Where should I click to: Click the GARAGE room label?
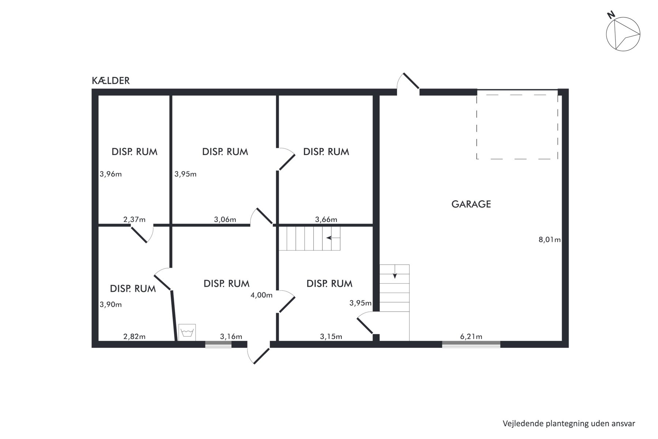[x=471, y=204]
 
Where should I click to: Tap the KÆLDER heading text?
[x=111, y=80]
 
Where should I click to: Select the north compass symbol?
[x=623, y=33]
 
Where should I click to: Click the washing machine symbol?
[x=187, y=333]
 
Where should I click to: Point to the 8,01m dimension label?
[x=549, y=240]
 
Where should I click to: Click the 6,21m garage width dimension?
[x=471, y=337]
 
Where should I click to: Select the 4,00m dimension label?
[x=261, y=295]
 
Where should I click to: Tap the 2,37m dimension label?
[x=134, y=219]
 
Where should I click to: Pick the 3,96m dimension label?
[x=111, y=174]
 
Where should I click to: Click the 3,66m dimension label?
[x=326, y=219]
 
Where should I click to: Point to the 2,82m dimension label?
[x=134, y=337]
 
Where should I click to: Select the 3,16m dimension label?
[x=231, y=337]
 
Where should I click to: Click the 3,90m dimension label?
[x=111, y=304]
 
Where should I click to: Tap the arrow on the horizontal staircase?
[x=333, y=238]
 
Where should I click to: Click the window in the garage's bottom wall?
[x=471, y=344]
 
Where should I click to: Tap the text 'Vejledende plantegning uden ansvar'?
[x=569, y=423]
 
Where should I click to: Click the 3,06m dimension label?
[x=225, y=219]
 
